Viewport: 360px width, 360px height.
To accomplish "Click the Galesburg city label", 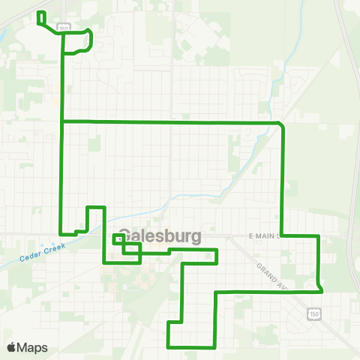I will pos(160,236).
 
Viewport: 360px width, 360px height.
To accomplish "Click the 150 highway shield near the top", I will pos(64,28).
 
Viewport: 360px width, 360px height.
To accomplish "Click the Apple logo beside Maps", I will pos(11,347).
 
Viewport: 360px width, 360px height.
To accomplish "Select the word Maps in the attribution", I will pos(32,347).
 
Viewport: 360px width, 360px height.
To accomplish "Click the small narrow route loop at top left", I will pos(40,19).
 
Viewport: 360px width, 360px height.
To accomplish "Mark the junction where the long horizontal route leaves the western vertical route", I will pos(61,121).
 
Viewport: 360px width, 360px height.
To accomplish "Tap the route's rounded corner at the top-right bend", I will pos(281,123).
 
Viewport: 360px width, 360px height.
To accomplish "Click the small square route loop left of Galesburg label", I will pos(117,239).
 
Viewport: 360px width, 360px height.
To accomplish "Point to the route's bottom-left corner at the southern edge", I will pos(168,346).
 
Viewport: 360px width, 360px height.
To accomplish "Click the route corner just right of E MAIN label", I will pos(282,235).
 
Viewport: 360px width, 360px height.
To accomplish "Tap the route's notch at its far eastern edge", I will pos(320,286).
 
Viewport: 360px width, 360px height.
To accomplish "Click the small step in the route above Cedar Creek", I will pos(76,232).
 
